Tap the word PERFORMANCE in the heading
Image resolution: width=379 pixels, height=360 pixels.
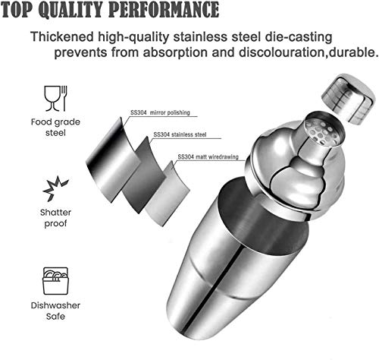tap(164, 9)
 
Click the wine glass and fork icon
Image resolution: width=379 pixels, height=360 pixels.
tap(55, 98)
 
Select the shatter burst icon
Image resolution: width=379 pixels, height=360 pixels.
tap(55, 188)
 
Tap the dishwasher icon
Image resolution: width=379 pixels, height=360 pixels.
tap(55, 281)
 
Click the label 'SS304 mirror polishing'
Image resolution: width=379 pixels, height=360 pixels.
tap(160, 112)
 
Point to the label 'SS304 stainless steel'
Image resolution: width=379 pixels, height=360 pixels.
tap(180, 134)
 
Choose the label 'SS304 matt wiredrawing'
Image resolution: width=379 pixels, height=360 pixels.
tap(208, 157)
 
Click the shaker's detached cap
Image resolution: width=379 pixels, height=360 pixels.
tap(348, 99)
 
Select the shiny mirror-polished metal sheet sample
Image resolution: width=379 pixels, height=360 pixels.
tap(113, 160)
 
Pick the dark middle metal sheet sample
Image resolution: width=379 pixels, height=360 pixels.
tap(145, 175)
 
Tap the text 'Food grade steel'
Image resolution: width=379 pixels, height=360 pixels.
tap(55, 127)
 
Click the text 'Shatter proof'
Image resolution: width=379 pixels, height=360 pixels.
tap(55, 218)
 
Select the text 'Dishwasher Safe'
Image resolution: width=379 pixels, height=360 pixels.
tap(55, 311)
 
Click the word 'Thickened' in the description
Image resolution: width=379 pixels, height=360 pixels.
tap(62, 36)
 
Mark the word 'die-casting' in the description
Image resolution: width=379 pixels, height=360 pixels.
tap(299, 37)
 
